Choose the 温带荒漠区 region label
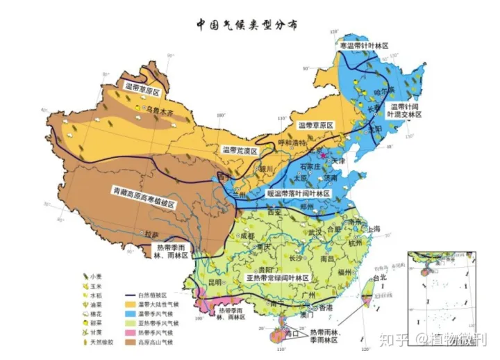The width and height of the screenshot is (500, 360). (240, 150)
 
